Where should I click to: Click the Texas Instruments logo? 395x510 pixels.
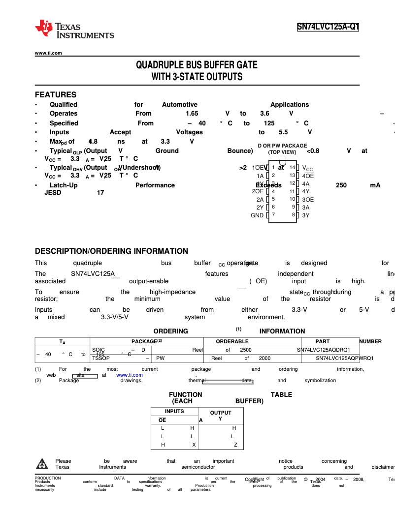point(74,29)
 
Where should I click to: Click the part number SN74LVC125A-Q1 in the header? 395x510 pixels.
point(328,28)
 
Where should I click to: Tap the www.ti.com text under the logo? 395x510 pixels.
point(48,53)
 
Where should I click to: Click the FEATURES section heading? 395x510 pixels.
point(56,94)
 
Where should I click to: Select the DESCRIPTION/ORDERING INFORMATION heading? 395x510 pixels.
point(111,251)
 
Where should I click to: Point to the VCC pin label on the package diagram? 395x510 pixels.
point(307,168)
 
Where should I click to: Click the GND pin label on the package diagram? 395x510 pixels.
point(257,215)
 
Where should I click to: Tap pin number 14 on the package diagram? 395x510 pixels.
point(292,167)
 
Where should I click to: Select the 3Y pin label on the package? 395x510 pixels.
point(306,215)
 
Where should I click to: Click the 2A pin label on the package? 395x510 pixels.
point(260,200)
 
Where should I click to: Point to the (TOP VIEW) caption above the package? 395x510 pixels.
point(282,152)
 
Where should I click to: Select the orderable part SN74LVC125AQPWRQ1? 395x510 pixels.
point(344,359)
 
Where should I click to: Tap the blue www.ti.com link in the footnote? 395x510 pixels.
point(130,375)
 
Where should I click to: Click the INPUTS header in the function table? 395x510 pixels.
point(174,411)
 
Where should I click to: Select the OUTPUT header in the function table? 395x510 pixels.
point(221,413)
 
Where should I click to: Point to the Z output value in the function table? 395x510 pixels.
point(235,445)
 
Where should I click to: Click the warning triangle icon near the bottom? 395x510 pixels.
point(43,464)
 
